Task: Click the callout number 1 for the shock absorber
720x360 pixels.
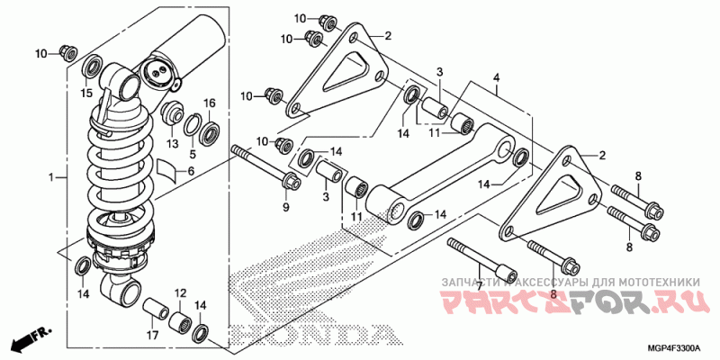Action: [x=51, y=176]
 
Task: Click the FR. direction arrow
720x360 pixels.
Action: [x=28, y=341]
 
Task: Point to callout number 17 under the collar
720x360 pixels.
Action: [x=152, y=337]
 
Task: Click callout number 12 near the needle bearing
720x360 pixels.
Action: [x=180, y=293]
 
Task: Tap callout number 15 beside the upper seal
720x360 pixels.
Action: [x=86, y=94]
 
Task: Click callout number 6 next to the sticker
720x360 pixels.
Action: [x=191, y=170]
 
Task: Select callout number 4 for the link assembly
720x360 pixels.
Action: [x=496, y=78]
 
